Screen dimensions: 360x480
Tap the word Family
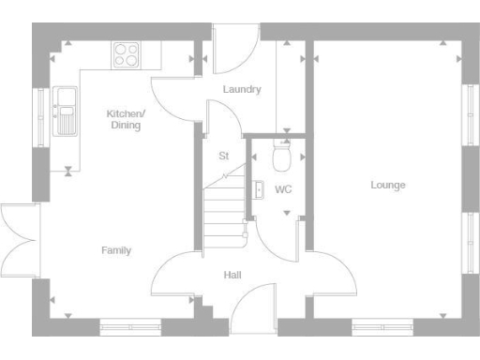[116, 250]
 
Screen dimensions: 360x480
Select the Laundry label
[242, 90]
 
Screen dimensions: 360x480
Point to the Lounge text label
[387, 186]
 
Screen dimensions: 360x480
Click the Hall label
[232, 275]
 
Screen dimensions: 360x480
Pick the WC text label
[283, 189]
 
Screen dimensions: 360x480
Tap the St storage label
[223, 156]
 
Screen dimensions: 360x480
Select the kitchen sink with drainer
[66, 109]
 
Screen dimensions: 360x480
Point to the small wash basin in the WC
[258, 190]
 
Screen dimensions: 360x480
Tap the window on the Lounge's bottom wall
[382, 327]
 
